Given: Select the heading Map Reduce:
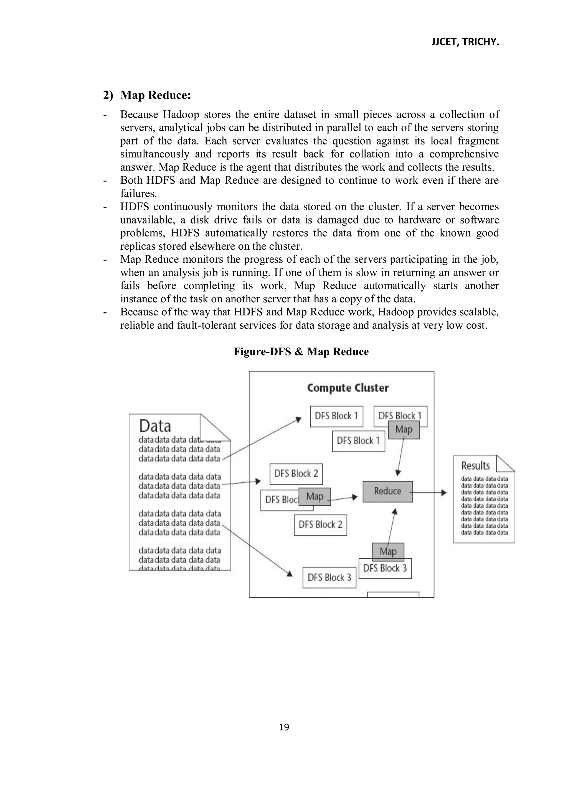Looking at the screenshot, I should (155, 95).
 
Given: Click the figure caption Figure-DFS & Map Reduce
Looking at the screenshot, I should (301, 351).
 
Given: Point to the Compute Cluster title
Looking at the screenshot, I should (348, 388).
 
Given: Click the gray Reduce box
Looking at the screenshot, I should (387, 492).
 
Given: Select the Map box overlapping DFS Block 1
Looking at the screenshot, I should (404, 430).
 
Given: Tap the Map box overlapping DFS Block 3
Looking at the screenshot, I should (388, 551).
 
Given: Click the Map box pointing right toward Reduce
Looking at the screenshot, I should (315, 497).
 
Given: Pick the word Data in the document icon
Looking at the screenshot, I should (155, 426).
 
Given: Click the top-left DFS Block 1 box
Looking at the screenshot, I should (336, 416).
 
